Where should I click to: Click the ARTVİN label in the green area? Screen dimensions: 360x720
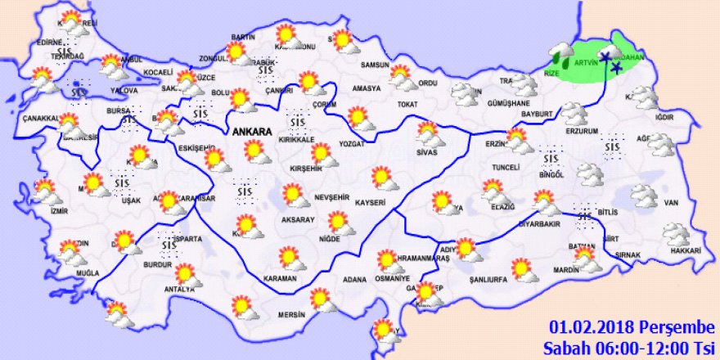[x=586, y=62]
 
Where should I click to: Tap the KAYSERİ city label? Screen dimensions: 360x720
[x=371, y=201]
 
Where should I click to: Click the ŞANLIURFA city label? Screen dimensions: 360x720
[x=490, y=279]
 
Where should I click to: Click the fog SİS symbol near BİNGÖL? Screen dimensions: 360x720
[x=551, y=157]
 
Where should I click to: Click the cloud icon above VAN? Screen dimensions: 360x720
[x=644, y=196]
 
